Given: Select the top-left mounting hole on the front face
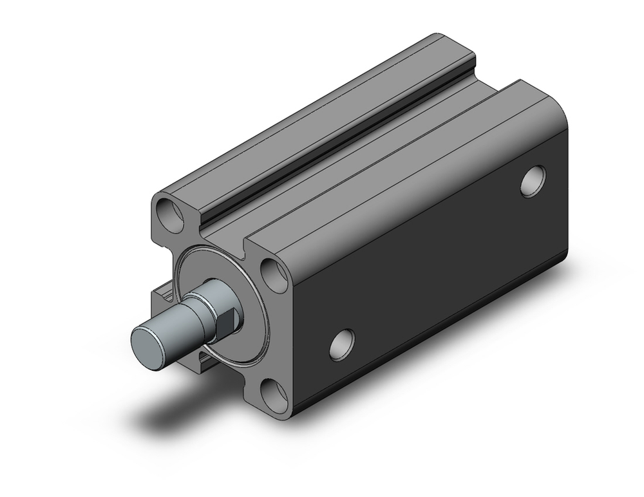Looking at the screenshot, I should tap(172, 215).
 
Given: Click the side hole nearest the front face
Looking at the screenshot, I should tap(342, 345).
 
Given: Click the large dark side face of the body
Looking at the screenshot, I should tap(438, 270).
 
